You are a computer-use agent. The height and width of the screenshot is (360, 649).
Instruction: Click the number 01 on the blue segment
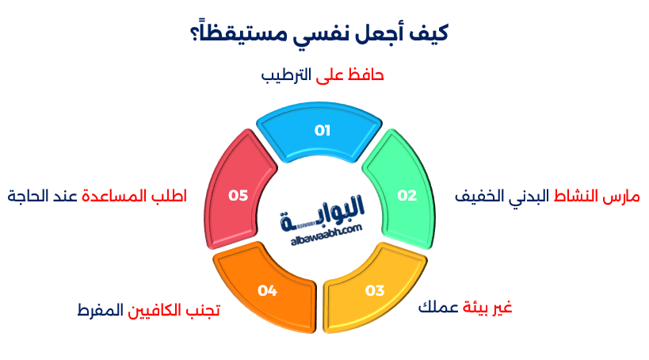[322, 131]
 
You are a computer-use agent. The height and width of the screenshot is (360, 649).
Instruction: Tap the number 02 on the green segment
[407, 196]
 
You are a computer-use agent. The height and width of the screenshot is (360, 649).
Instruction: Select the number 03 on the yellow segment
[374, 289]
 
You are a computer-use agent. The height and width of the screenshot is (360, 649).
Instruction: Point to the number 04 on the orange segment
[267, 291]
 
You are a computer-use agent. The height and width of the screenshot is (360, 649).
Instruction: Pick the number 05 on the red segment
[239, 195]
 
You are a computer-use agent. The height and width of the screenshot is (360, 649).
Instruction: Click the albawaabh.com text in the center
[322, 228]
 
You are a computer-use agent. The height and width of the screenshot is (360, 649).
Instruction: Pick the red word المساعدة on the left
[116, 195]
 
